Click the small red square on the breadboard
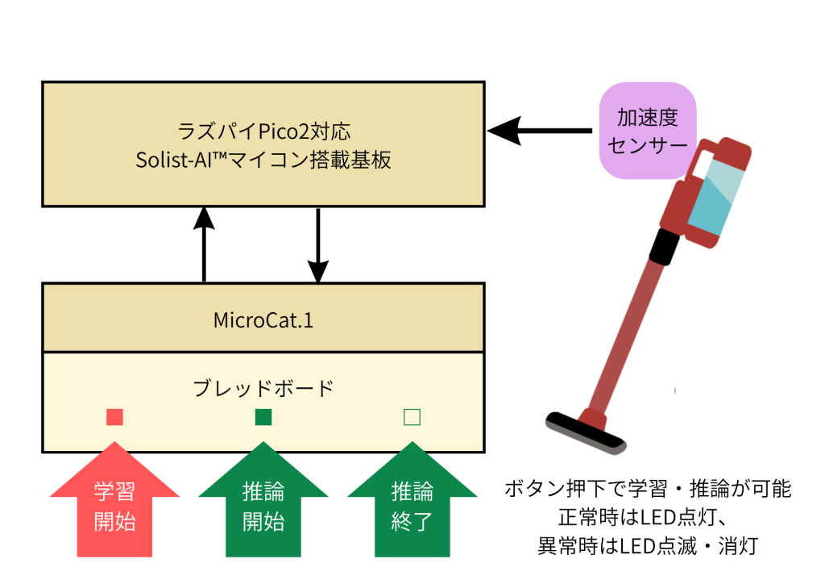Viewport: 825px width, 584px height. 114,417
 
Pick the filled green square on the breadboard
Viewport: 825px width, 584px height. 263,417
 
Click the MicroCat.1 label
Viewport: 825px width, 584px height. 263,320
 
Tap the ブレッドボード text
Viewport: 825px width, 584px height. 263,389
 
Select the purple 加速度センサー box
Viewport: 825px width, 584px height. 648,131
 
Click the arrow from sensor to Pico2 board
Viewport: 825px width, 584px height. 539,131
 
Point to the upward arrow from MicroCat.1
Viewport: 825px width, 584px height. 204,244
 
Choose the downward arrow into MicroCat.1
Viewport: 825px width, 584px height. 317,245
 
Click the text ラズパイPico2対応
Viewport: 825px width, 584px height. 263,131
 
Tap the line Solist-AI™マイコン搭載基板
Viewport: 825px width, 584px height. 263,160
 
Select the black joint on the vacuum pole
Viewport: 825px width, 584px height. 664,247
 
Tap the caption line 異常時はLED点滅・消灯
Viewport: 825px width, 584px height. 648,546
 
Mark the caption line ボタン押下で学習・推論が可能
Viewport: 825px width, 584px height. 648,489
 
